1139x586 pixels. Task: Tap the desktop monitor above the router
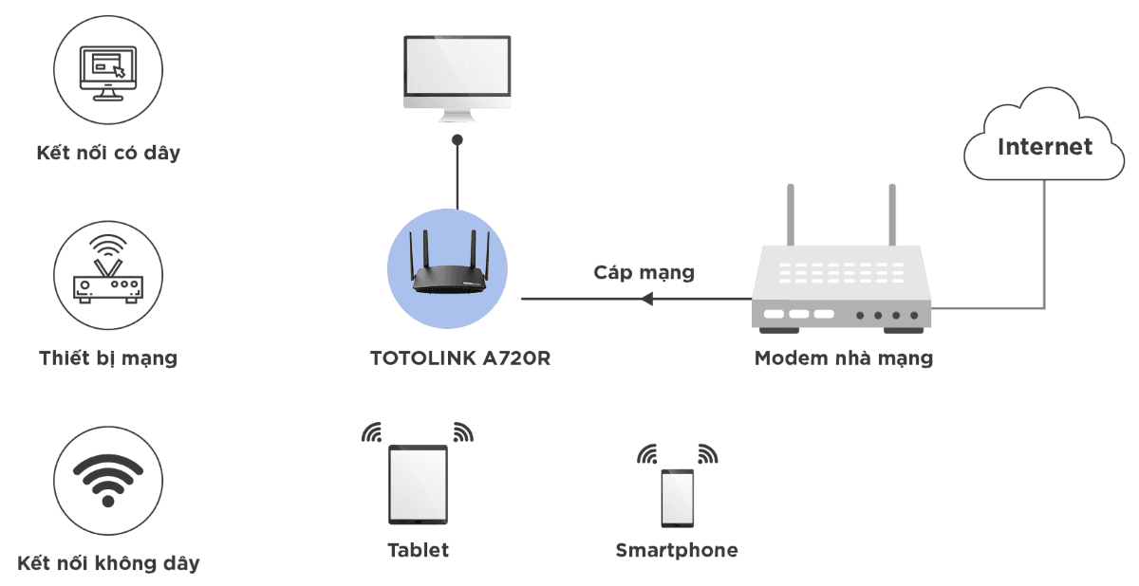[x=457, y=76]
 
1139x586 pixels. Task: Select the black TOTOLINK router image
[x=450, y=271]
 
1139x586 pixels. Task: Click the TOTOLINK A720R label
[x=460, y=358]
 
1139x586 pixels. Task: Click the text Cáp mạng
[x=644, y=273]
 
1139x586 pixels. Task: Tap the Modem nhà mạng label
[x=843, y=358]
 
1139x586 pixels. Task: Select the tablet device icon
[x=418, y=485]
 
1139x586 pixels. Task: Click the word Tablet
[x=418, y=550]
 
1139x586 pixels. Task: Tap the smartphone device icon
[x=677, y=497]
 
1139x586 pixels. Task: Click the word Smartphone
[x=676, y=550]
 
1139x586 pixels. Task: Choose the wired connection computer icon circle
[x=107, y=71]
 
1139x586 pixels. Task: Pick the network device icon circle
[x=107, y=276]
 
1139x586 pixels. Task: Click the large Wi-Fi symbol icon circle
[x=107, y=479]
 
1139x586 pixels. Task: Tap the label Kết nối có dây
[x=107, y=153]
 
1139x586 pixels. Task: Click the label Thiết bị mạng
[x=108, y=358]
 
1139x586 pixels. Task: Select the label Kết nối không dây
[x=107, y=562]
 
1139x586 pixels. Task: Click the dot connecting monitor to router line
[x=457, y=139]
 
